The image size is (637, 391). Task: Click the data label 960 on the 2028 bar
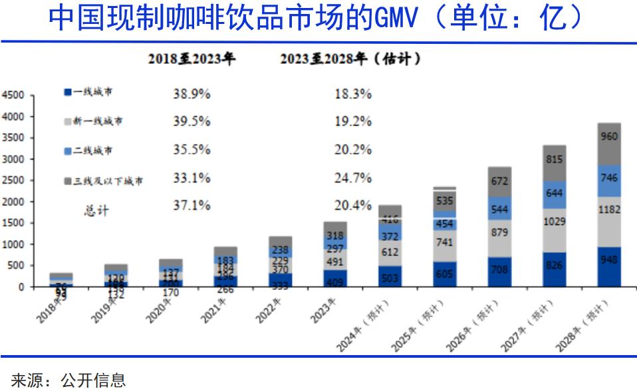coord(609,137)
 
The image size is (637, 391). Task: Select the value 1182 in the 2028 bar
coord(609,209)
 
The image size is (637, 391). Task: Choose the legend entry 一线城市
coord(88,92)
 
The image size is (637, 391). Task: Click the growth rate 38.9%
coord(191,94)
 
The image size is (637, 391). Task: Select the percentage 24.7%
coord(353,178)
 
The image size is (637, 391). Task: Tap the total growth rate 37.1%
coord(191,206)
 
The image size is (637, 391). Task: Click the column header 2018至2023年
coord(191,59)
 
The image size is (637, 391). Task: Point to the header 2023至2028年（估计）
coord(350,59)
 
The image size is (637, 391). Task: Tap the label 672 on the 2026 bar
coord(499,181)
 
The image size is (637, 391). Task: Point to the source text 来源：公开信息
coord(68,380)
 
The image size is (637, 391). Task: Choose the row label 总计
coord(96,210)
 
